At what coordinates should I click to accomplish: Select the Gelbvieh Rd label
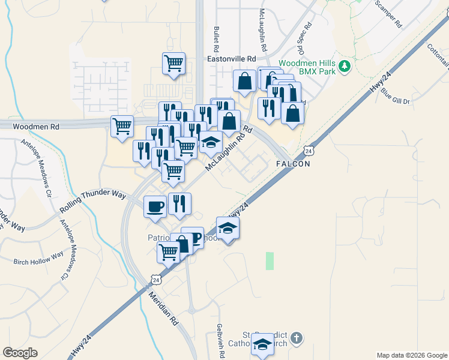point(220,341)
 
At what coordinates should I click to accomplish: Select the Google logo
point(20,353)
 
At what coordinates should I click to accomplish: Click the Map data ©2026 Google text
point(411,355)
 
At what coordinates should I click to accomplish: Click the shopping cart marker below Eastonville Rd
point(173,64)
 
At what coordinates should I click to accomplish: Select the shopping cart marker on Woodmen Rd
point(122,127)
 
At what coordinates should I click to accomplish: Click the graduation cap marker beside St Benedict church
point(262,344)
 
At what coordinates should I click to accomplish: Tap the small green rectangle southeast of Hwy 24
point(270,260)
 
